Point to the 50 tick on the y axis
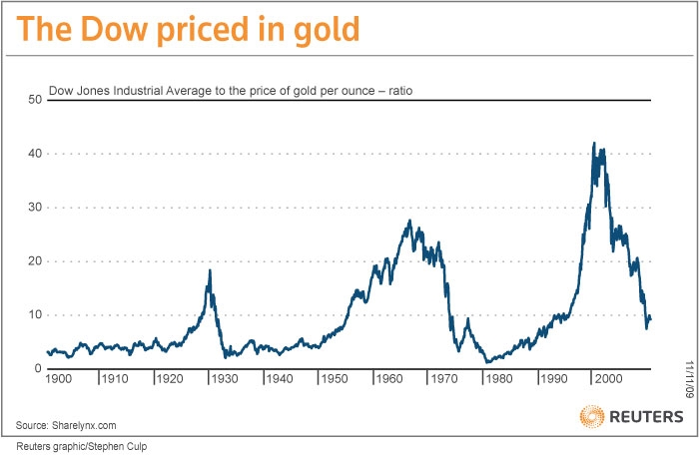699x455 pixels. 33,100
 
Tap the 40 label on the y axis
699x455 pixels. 33,154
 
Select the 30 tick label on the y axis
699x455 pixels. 33,208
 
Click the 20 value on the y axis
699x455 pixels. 33,261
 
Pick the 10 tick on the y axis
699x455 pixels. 33,315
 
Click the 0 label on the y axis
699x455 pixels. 36,369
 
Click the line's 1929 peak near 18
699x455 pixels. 210,270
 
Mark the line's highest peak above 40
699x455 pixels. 594,143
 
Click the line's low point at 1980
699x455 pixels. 485,361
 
